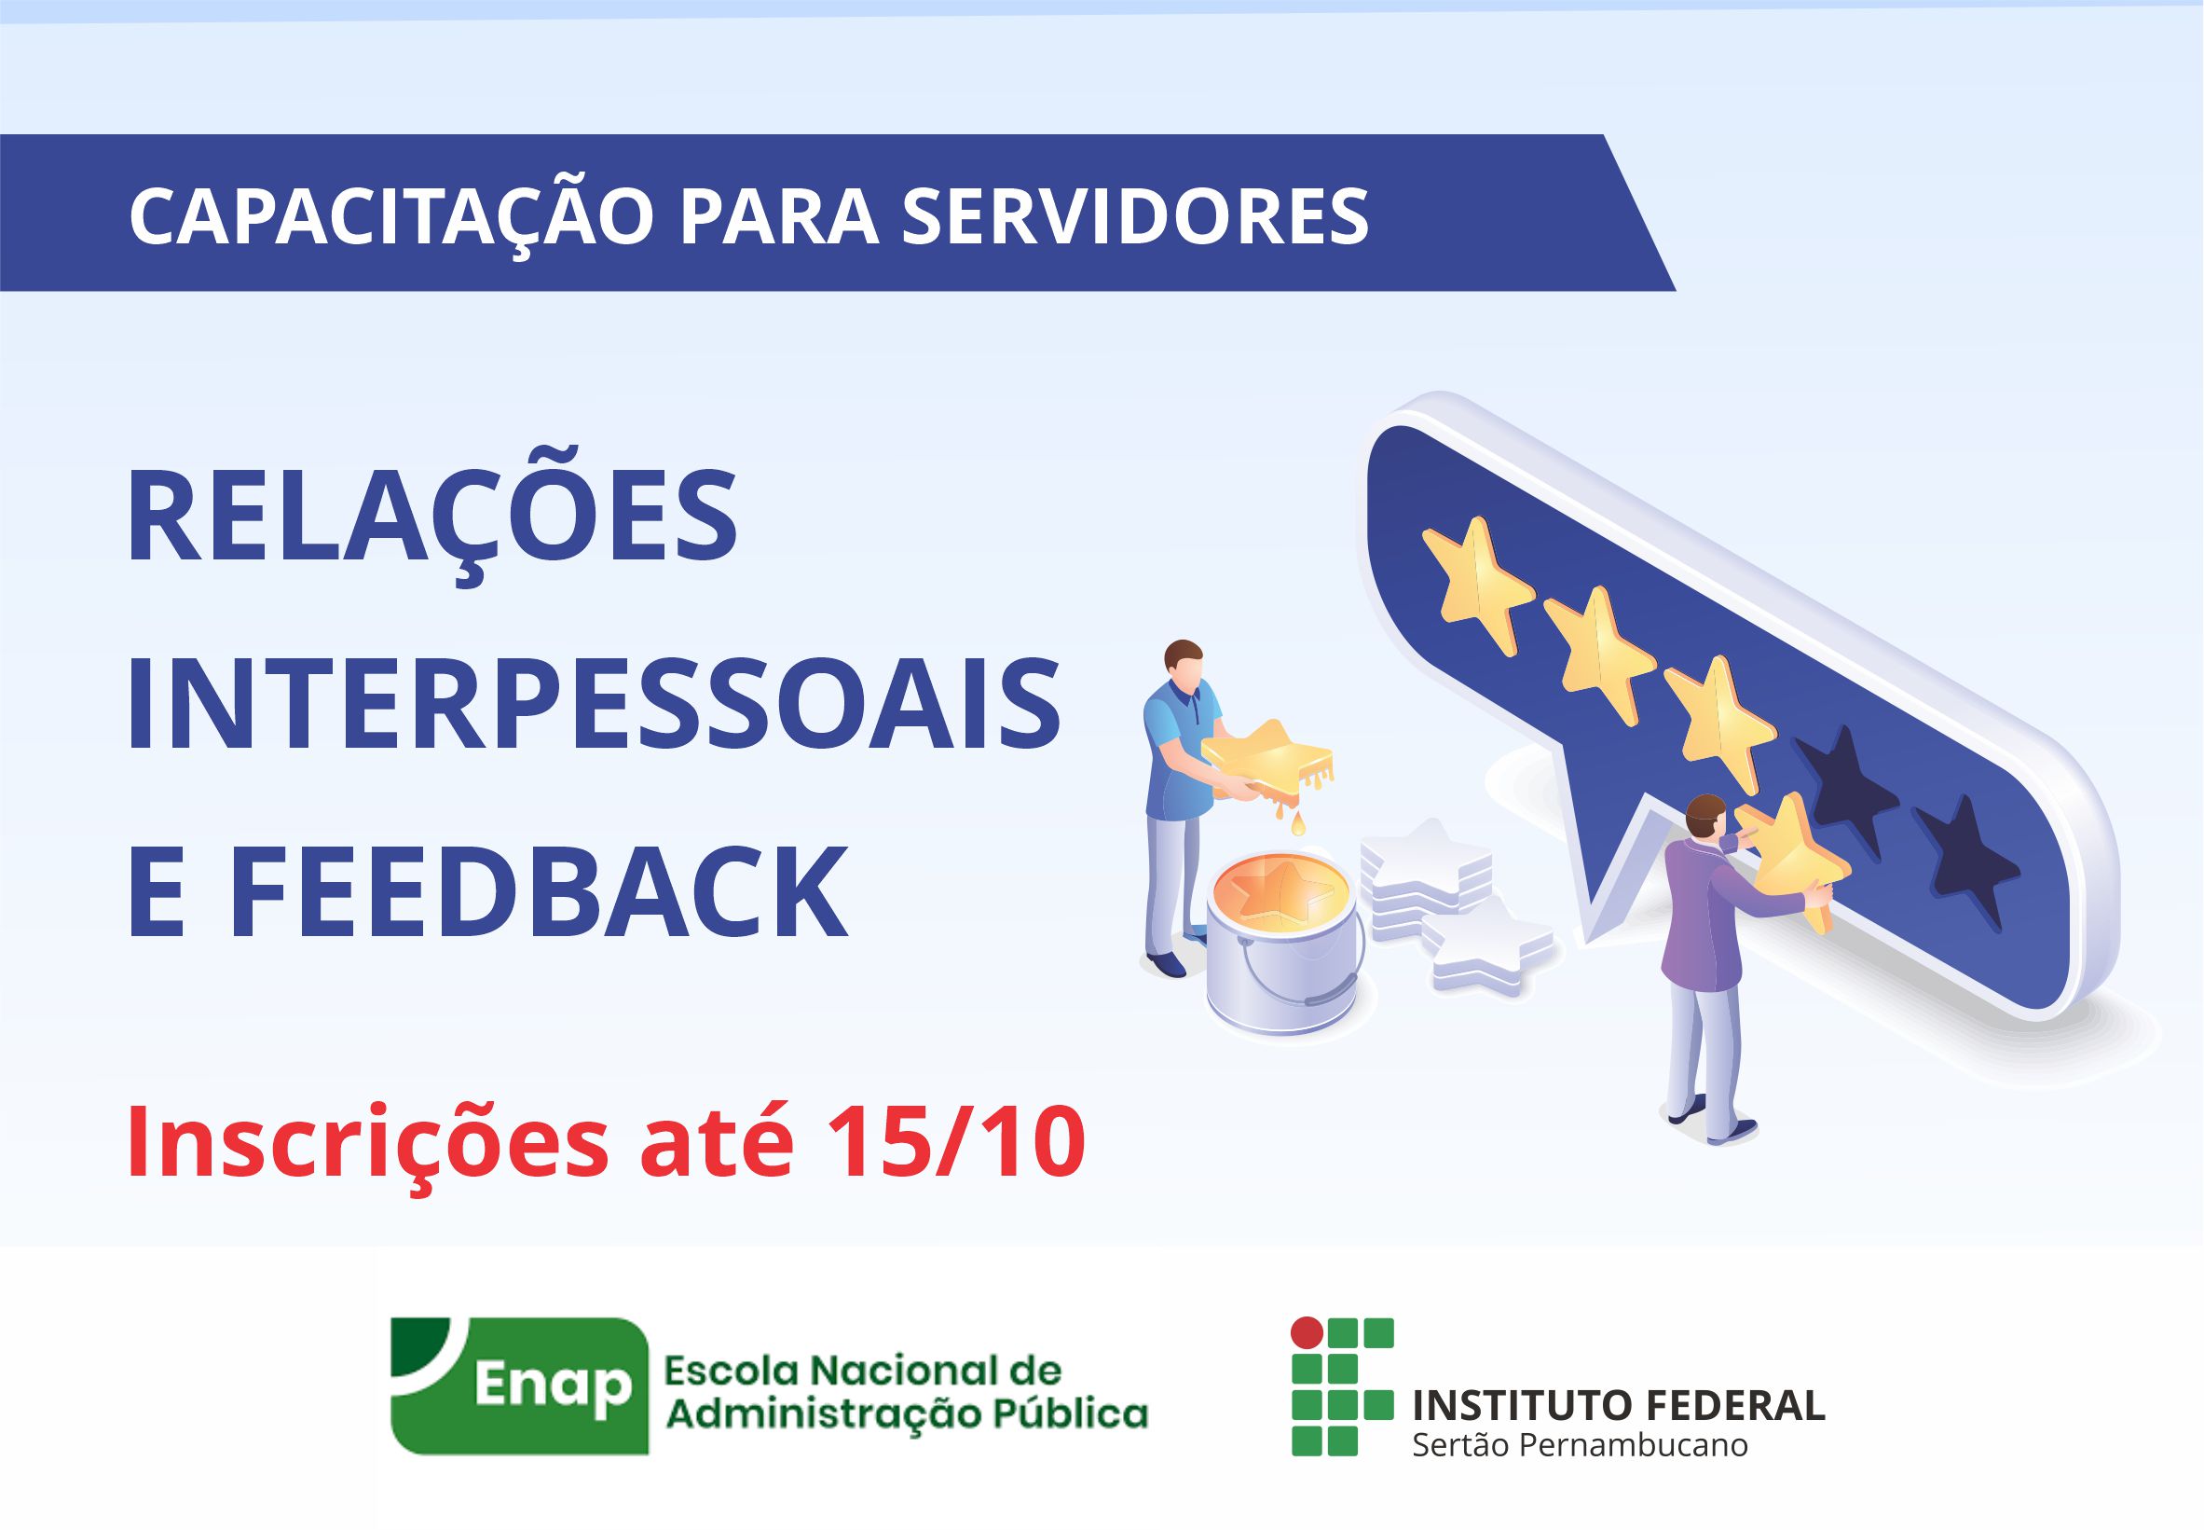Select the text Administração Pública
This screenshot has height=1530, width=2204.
click(907, 1413)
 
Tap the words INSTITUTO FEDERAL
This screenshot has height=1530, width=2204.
click(1619, 1404)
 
